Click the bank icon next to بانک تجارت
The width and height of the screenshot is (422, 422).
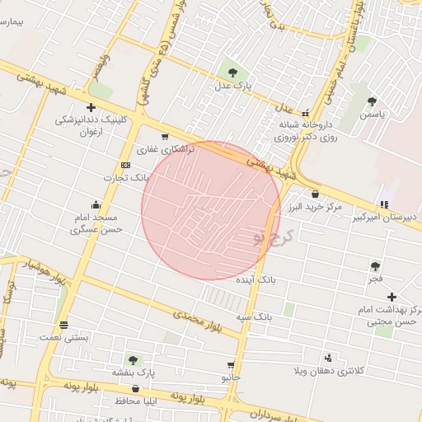coord(125,165)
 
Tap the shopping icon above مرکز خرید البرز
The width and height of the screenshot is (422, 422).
coord(315,194)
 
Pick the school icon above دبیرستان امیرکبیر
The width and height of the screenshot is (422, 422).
coord(383,204)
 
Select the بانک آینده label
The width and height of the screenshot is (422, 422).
coord(276,281)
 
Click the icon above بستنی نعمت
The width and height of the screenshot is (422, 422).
coord(63,323)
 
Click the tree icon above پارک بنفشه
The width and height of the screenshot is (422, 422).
coord(132,359)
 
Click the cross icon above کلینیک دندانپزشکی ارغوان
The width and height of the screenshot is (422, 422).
coord(91,107)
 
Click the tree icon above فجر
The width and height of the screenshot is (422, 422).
coord(376,265)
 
